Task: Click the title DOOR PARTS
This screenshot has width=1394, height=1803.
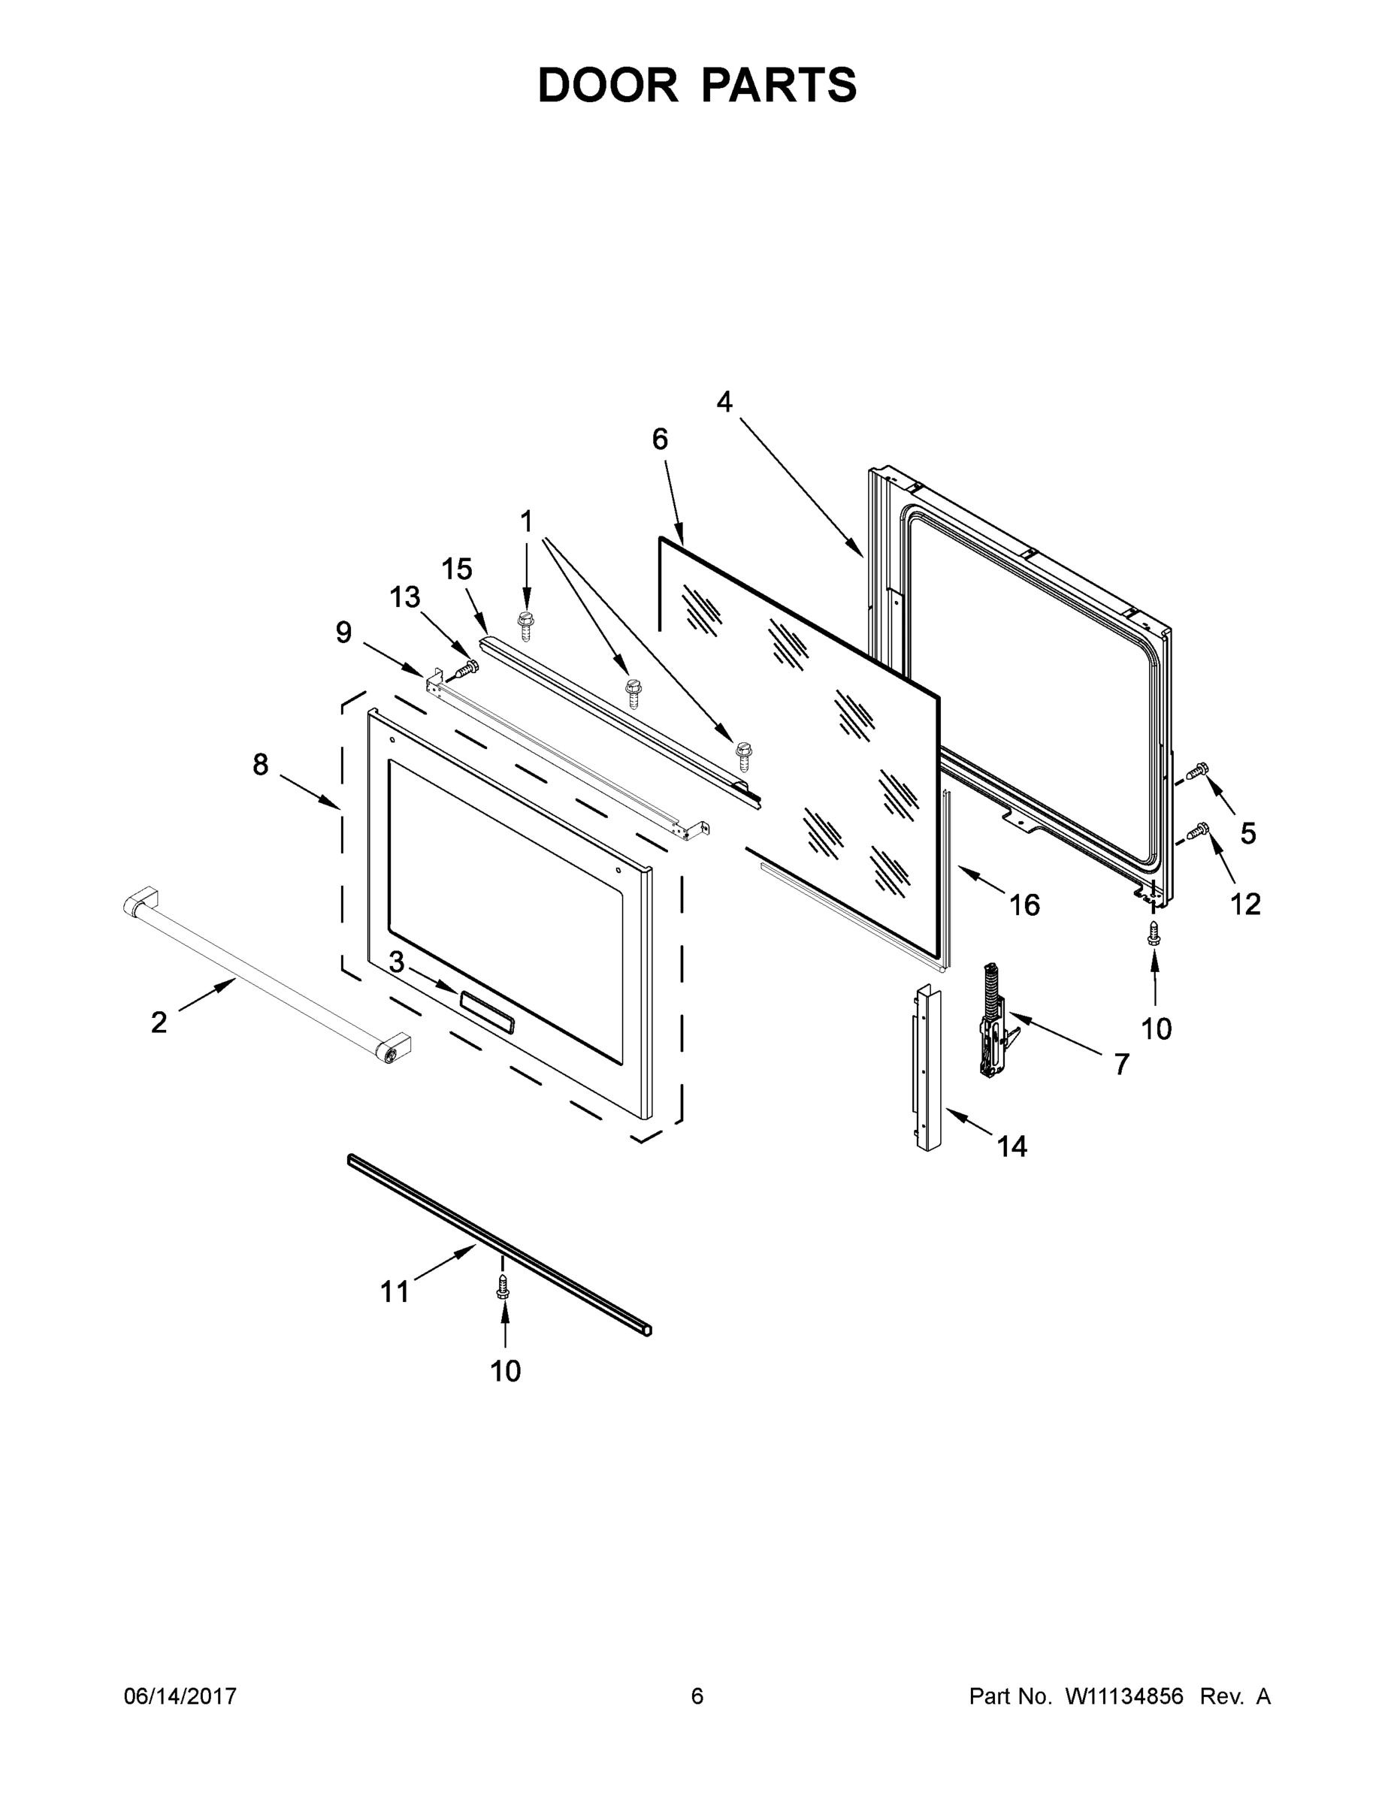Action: click(x=697, y=85)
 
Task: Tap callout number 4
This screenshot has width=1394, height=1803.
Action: click(x=724, y=402)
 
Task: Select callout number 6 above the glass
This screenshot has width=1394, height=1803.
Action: click(x=660, y=439)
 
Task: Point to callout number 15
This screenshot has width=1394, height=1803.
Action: click(x=457, y=569)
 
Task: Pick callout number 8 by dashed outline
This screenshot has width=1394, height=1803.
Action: click(x=260, y=766)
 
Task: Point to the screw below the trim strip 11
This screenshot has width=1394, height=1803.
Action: click(x=502, y=1286)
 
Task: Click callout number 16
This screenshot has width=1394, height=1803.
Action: click(x=1024, y=905)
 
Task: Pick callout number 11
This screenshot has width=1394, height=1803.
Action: click(x=395, y=1291)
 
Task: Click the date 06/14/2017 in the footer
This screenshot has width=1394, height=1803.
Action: click(x=180, y=1696)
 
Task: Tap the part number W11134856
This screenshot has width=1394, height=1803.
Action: click(x=1124, y=1696)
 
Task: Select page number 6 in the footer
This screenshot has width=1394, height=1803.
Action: click(x=697, y=1696)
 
